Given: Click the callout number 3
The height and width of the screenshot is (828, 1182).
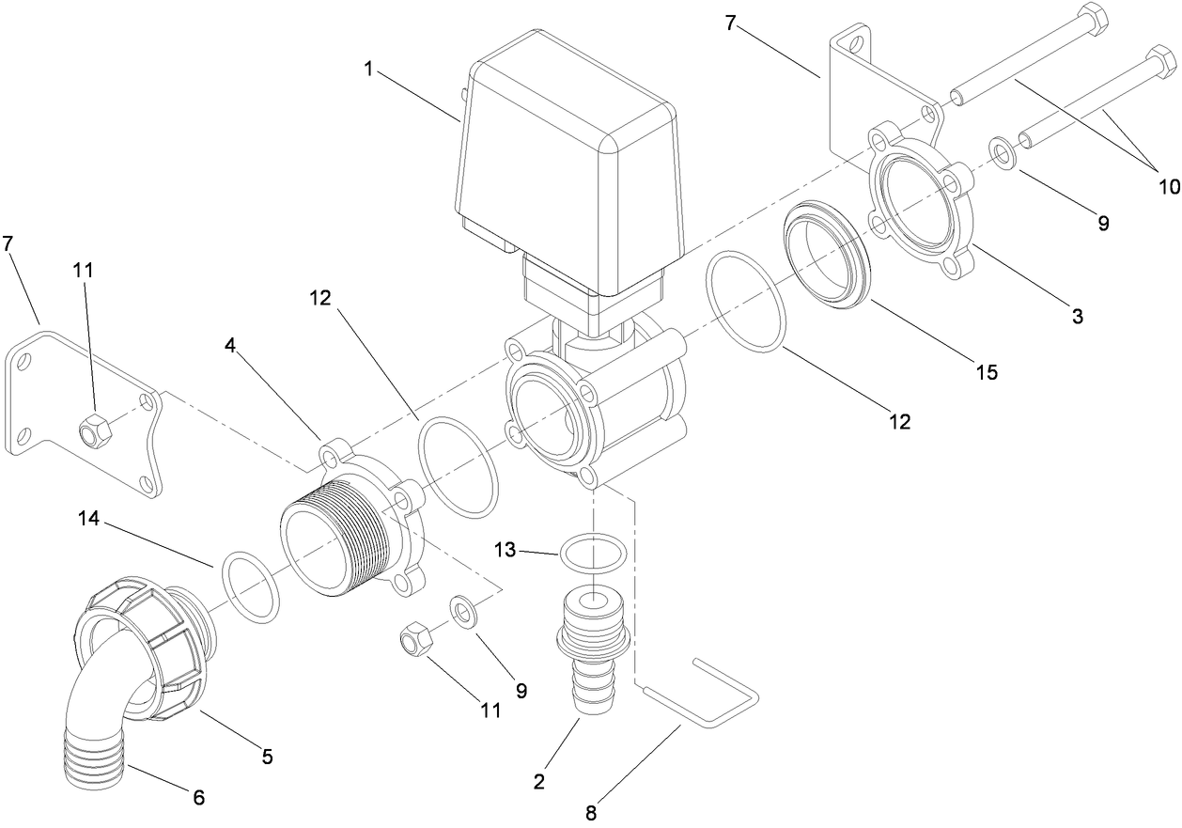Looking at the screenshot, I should (1078, 317).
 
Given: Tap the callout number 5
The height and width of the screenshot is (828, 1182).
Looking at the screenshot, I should (267, 756).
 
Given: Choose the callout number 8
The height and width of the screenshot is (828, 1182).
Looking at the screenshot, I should (591, 812).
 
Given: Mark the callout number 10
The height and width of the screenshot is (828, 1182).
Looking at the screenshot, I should (1168, 186).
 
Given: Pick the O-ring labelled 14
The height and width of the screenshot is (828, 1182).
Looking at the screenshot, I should (251, 587).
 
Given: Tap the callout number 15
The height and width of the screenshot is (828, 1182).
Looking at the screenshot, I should (986, 372).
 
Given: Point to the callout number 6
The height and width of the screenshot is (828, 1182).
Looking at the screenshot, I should (198, 798).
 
